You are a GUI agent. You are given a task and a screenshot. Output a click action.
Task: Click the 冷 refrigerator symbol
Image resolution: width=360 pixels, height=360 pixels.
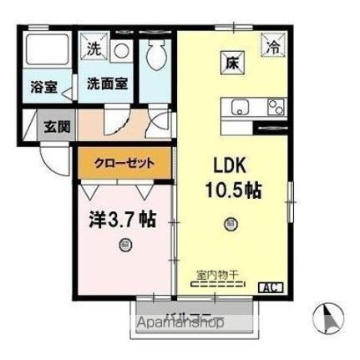pos(273,48)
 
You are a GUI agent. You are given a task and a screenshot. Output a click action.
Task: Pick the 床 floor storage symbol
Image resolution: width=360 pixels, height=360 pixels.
pos(231,61)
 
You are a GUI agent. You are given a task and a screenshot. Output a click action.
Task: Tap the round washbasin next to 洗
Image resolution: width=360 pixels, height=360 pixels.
pos(120,50)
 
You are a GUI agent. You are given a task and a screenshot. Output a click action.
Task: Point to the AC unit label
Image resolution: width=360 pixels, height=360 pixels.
pos(271,288)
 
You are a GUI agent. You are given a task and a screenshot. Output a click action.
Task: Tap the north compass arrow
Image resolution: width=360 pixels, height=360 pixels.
pos(327,318)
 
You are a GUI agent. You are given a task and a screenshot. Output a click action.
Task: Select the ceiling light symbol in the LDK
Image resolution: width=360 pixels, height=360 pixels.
pos(230,223)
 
